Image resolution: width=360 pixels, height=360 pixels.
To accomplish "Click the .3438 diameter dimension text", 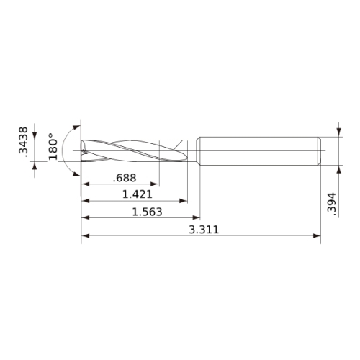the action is (23, 142).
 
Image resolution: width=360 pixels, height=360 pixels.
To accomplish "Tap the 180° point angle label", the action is (53, 147).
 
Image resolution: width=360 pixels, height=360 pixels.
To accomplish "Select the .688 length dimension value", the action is (125, 178).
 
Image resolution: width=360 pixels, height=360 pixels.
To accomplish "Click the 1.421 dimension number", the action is (138, 194).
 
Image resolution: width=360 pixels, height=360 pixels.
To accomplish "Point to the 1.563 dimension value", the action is (148, 212).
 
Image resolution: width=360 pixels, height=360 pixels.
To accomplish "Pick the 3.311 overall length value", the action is (204, 230).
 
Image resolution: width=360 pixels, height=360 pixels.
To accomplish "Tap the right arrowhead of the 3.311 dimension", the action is (317, 235).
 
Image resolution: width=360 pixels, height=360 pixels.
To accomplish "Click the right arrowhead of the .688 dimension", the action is (155, 184).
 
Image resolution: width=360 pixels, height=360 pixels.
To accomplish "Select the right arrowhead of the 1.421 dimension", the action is (184, 201).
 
